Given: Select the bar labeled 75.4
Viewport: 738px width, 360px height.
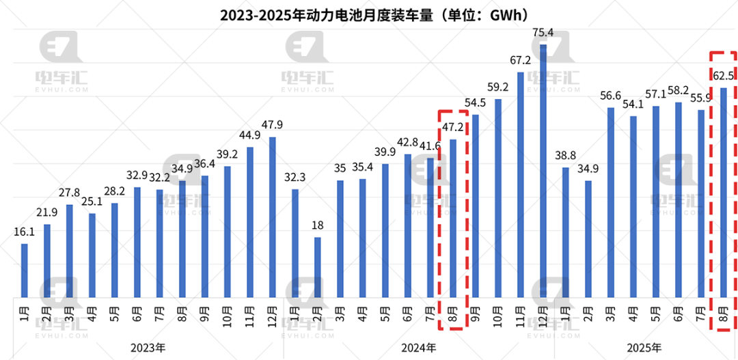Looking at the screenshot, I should [x=543, y=171].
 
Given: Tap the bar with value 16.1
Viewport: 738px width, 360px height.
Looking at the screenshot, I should [x=25, y=271].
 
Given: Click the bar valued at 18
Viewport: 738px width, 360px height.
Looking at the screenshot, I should [x=318, y=267].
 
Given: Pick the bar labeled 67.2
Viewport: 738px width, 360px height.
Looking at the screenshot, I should [x=521, y=184].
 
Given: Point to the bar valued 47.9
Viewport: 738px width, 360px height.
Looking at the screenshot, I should [x=273, y=217].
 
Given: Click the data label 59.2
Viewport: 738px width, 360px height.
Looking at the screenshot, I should [x=497, y=87].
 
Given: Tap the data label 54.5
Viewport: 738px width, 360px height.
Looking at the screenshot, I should [x=475, y=102].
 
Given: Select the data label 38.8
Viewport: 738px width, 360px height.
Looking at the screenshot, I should [x=565, y=156].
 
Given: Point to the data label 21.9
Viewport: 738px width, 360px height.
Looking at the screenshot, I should [x=47, y=212].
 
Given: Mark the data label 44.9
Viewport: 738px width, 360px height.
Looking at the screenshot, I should [x=250, y=135].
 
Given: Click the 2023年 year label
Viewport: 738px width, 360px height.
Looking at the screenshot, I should [x=149, y=348].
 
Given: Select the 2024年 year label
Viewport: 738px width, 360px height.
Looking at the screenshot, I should [x=419, y=348].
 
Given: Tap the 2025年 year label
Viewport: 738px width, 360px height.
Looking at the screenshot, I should [x=644, y=348].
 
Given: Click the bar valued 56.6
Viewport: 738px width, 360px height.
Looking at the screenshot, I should [x=610, y=202].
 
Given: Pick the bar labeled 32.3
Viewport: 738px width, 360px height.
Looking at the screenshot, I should [x=295, y=243].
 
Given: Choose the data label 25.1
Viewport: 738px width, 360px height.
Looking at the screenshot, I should [x=92, y=202].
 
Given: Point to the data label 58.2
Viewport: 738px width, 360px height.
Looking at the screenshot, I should [x=678, y=89].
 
